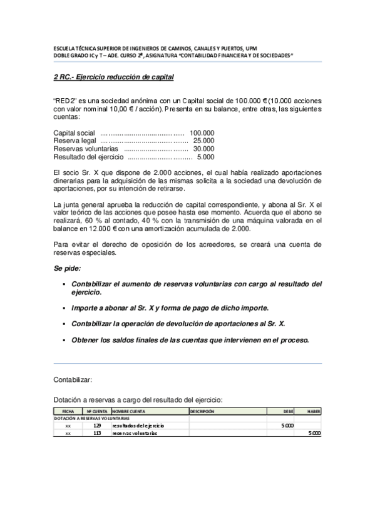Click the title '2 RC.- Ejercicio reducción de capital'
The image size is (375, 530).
[113, 77]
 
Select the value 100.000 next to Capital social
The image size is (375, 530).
[202, 133]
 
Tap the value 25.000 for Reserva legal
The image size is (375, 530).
[203, 141]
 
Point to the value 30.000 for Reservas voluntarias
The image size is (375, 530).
[203, 149]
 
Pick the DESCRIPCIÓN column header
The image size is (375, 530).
[202, 411]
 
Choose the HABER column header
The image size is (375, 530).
[314, 411]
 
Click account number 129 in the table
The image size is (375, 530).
[97, 425]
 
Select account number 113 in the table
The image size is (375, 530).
[97, 432]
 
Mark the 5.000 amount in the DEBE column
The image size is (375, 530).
[287, 425]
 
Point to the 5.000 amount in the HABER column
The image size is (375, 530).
[315, 432]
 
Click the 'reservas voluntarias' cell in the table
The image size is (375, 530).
[135, 432]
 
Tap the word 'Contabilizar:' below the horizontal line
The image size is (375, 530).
[73, 379]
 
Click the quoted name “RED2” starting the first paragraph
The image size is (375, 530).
[64, 99]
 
